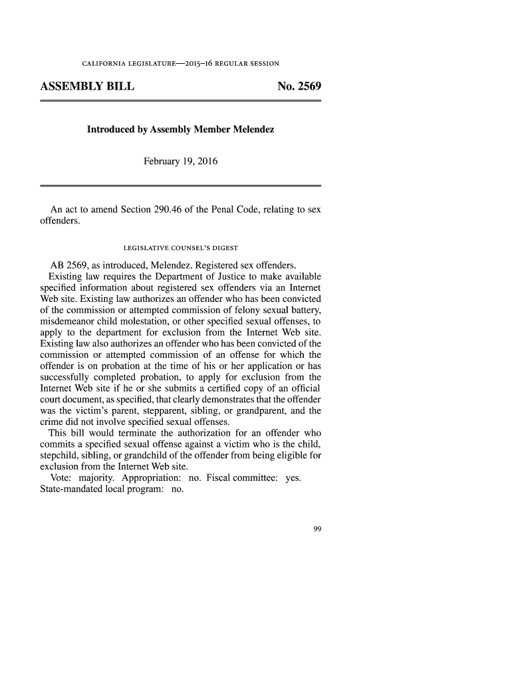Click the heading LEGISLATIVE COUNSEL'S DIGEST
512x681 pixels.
[181, 247]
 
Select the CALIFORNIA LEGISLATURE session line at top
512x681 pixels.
[180, 64]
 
